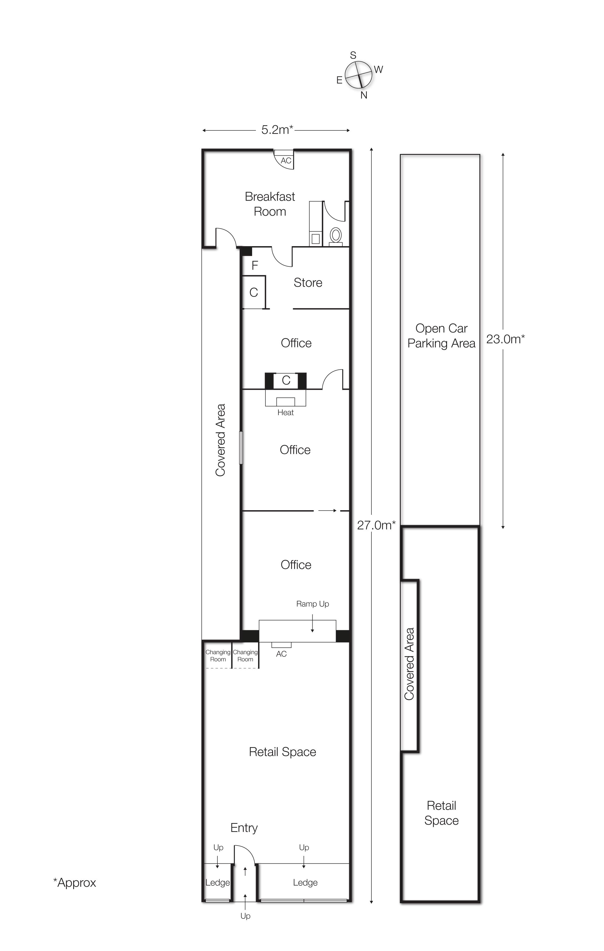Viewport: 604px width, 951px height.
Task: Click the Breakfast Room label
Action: [270, 204]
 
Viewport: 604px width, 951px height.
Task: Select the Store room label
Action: [308, 282]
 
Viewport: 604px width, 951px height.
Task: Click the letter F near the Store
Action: [255, 265]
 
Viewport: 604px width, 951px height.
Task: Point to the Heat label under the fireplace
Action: [286, 412]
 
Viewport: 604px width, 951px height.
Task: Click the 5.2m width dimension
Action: [277, 130]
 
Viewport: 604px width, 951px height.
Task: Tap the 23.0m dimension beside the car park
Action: [505, 339]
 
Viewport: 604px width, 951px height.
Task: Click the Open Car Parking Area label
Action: [441, 336]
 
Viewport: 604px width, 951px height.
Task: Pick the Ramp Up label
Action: [313, 603]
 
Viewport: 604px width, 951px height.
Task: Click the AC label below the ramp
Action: [281, 654]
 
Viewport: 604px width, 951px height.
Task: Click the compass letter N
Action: [364, 95]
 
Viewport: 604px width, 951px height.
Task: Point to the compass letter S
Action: [353, 55]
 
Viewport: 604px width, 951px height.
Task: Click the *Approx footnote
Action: [75, 882]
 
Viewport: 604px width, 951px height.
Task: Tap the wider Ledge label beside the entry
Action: [305, 882]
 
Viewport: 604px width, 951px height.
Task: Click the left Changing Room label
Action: [218, 656]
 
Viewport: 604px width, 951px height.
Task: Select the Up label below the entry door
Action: [245, 916]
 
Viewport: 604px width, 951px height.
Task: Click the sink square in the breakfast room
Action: [315, 239]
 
